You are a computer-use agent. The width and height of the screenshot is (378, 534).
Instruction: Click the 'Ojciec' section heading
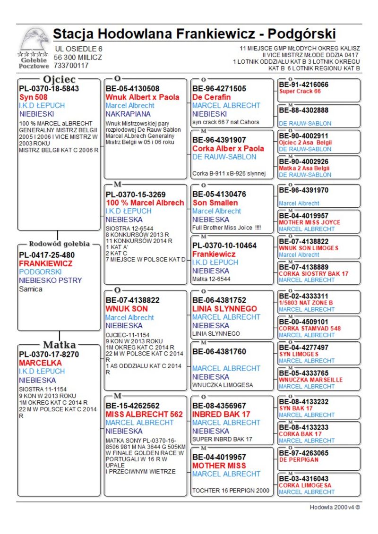tap(59, 79)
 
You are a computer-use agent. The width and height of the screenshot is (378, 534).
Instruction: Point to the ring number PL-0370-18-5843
tap(49, 88)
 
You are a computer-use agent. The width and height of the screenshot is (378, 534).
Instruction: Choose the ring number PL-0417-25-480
tap(46, 255)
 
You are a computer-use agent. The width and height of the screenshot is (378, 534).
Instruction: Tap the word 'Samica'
tap(31, 289)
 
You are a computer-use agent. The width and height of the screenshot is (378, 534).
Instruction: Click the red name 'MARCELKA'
tap(40, 363)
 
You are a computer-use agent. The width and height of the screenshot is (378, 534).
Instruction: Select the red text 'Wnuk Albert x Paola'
tap(142, 97)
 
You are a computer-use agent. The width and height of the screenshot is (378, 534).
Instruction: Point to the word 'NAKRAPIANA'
tap(128, 114)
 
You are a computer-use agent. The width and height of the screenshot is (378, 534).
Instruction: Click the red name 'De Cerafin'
tap(211, 97)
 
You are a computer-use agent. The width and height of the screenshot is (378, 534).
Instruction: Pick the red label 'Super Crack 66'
tap(300, 91)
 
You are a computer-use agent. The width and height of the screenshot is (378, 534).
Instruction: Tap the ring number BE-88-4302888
tap(303, 110)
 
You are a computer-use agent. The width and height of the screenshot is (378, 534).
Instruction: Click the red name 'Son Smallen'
tap(215, 203)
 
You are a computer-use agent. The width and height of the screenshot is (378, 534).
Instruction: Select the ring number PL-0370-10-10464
tap(224, 246)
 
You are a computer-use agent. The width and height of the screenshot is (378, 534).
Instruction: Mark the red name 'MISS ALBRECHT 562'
tap(144, 414)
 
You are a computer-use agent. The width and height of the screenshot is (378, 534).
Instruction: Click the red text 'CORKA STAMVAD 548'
tap(309, 328)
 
